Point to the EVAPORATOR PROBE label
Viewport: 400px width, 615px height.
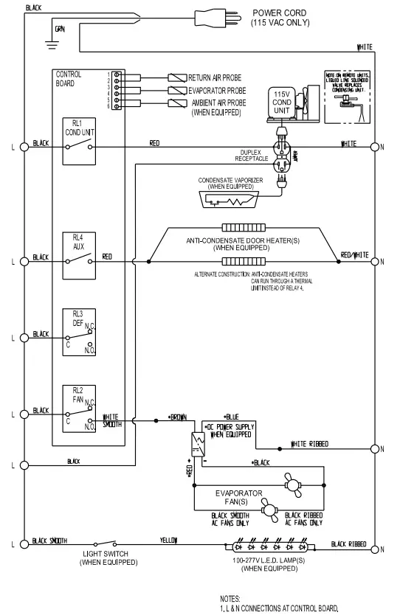tap(219, 90)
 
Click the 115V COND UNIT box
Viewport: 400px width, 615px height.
tap(282, 102)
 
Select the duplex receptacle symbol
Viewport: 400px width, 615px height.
tap(281, 156)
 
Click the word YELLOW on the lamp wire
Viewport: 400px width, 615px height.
tap(169, 541)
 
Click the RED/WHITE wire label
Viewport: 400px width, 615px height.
tap(354, 254)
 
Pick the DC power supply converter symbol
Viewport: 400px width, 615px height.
tap(196, 443)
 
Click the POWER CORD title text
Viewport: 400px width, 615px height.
tap(280, 13)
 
